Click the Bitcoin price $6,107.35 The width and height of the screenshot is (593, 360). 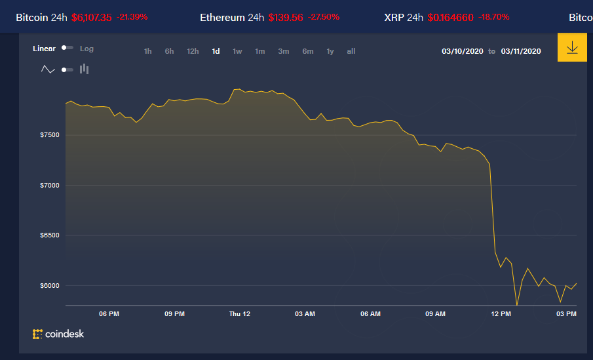point(92,17)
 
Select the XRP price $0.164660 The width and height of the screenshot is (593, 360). point(450,17)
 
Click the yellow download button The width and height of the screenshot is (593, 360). point(571,48)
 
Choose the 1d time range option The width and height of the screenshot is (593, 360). point(216,51)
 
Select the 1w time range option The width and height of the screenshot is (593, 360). point(237,51)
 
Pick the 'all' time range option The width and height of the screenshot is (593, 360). point(351,51)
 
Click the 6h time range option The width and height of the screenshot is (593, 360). point(169,51)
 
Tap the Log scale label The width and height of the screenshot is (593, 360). point(86,49)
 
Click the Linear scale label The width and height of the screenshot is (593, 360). point(44,49)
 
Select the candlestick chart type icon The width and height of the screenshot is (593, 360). point(84,69)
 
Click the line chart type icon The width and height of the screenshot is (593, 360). point(48,69)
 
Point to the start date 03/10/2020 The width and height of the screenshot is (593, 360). point(462,51)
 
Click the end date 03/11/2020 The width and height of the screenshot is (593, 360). point(521,51)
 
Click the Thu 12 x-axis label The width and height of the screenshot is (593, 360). point(240,314)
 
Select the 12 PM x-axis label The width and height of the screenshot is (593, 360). point(501,314)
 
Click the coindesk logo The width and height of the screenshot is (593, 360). point(58,334)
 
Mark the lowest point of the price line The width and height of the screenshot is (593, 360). point(517,305)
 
